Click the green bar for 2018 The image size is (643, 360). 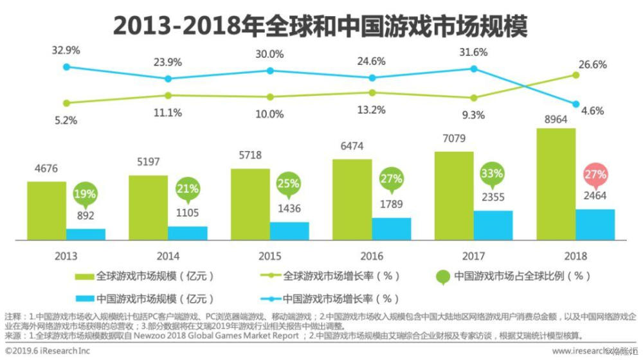point(556,184)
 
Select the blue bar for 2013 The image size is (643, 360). point(86,234)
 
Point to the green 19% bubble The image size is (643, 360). point(86,193)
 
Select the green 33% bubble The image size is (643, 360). point(493,175)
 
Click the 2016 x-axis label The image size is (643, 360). point(372,255)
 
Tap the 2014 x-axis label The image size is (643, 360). point(168,255)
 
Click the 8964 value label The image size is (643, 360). point(556,120)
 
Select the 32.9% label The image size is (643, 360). point(66,49)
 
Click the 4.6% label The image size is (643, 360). point(592,110)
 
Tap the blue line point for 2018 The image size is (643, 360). point(576,104)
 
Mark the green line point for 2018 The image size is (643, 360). point(576,75)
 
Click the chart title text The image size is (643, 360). point(320,25)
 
